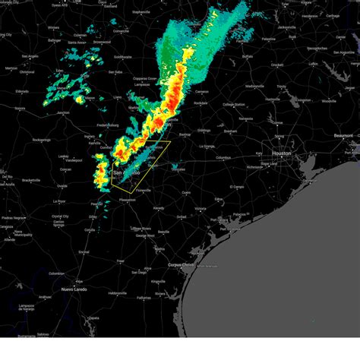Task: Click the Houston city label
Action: coord(282,153)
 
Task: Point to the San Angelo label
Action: coord(30,56)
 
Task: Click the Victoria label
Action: coord(199,207)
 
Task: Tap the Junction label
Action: coord(62,113)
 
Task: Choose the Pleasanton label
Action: coord(127,200)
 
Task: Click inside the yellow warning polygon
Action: coord(141,163)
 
